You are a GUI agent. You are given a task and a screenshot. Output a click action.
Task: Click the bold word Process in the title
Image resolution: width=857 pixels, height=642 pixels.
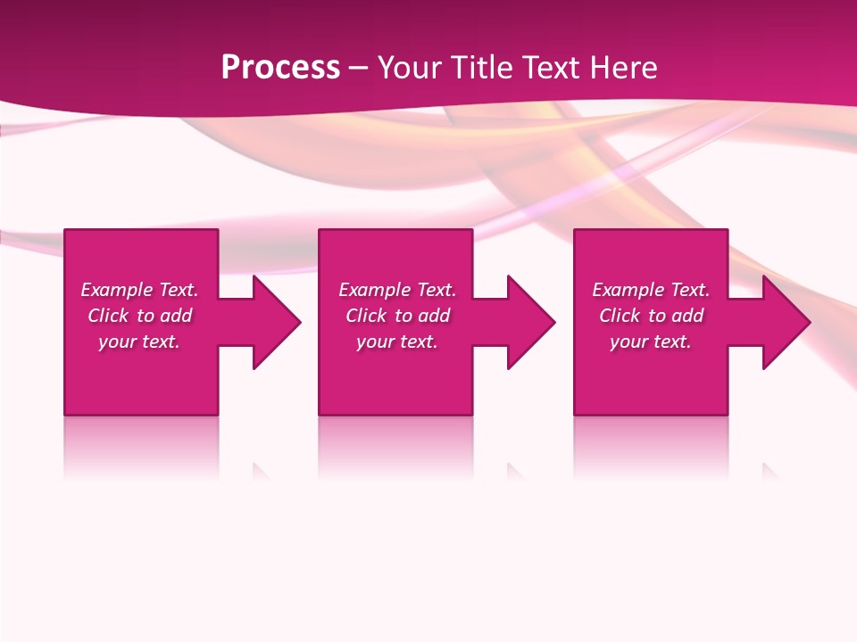click(280, 68)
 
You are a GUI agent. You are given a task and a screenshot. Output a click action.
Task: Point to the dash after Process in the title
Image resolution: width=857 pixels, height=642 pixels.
click(359, 69)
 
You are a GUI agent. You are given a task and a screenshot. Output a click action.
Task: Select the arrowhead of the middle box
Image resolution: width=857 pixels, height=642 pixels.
click(529, 322)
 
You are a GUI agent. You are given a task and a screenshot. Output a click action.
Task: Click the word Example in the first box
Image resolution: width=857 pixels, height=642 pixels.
click(117, 290)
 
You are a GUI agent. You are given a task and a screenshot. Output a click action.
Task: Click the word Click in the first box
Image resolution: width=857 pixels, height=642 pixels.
click(108, 316)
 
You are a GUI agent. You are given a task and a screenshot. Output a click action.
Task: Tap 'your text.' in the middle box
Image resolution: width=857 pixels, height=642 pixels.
click(397, 342)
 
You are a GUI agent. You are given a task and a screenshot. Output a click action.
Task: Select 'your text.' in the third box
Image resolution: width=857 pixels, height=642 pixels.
click(651, 342)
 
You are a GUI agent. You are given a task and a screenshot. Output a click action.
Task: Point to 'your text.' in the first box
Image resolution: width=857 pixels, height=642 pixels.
click(139, 342)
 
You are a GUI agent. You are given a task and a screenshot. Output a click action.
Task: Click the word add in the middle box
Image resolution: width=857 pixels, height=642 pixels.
click(434, 316)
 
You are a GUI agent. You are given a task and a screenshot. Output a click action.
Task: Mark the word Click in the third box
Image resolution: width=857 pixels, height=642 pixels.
click(620, 316)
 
